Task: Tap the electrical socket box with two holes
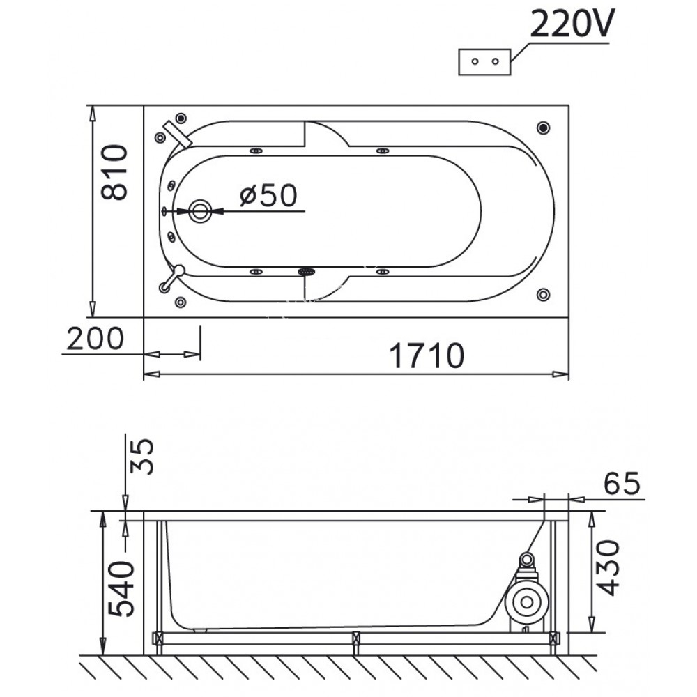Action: tap(485, 61)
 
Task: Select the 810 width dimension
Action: tap(114, 172)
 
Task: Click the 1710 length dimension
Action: tap(427, 356)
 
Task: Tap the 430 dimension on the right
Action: tap(609, 568)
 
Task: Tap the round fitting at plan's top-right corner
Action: tap(544, 128)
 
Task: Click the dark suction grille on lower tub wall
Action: tap(307, 272)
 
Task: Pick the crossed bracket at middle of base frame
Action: tap(357, 637)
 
